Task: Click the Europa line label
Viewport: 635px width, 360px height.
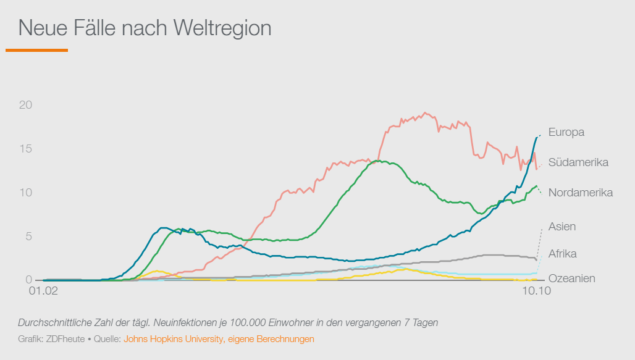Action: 566,132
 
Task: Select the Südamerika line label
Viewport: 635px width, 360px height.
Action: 578,162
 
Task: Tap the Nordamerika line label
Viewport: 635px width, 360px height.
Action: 580,193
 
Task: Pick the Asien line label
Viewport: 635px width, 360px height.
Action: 561,227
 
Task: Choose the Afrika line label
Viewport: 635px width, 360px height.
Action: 562,254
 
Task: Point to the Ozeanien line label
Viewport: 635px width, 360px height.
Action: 571,278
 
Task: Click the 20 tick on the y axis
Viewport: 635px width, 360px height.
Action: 25,105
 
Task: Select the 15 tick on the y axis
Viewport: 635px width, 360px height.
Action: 25,149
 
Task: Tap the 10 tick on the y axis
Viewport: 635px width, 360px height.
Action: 25,193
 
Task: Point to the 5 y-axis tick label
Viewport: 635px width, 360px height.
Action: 28,237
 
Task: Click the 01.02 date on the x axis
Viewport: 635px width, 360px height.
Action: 43,291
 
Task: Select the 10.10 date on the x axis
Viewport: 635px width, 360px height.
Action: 535,291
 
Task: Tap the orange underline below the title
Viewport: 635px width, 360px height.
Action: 36,50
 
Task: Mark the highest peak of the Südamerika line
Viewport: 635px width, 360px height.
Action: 424,113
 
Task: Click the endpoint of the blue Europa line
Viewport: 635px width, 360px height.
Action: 539,135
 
